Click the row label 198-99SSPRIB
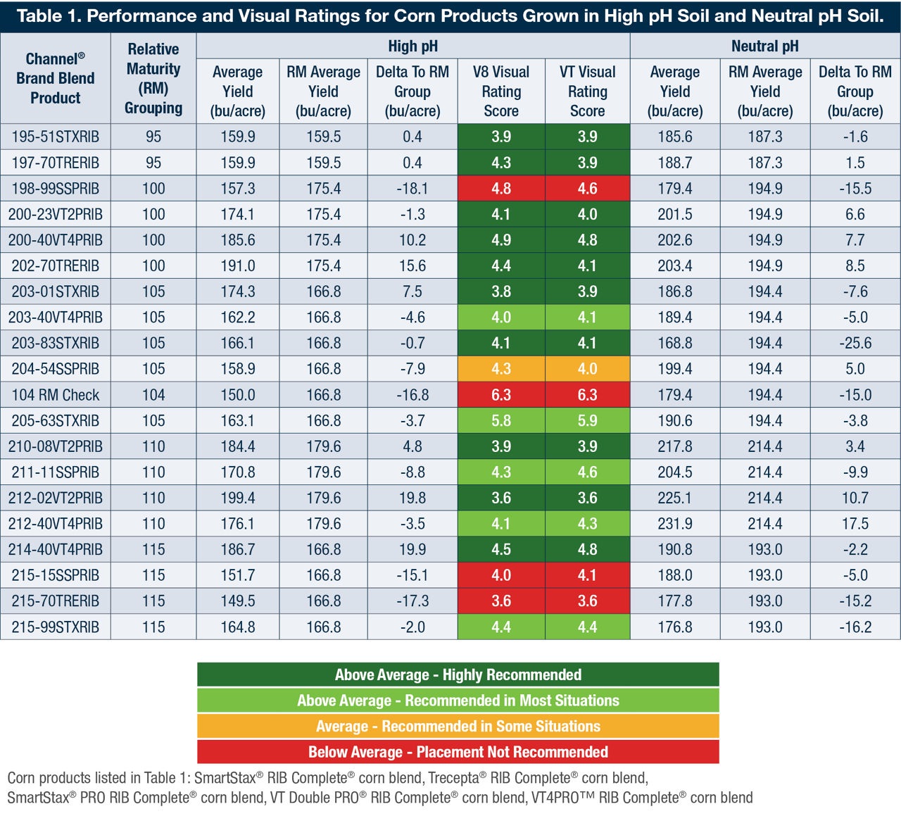point(55,189)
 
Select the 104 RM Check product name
point(55,395)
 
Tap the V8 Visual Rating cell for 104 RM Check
point(501,395)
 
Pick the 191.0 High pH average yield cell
point(238,266)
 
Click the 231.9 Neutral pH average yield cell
point(674,524)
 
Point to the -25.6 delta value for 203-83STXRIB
point(855,344)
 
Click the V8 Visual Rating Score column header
point(501,92)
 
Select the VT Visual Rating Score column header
point(587,92)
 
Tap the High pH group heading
point(412,46)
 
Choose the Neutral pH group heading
point(764,46)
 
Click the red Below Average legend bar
point(458,752)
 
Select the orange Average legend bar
point(458,726)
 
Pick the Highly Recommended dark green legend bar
point(458,674)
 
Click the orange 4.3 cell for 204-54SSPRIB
point(501,369)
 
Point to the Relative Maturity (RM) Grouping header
point(153,78)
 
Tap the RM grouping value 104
point(153,395)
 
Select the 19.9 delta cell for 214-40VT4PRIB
point(412,550)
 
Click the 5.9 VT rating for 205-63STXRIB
point(587,421)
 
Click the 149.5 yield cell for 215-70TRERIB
point(238,601)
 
